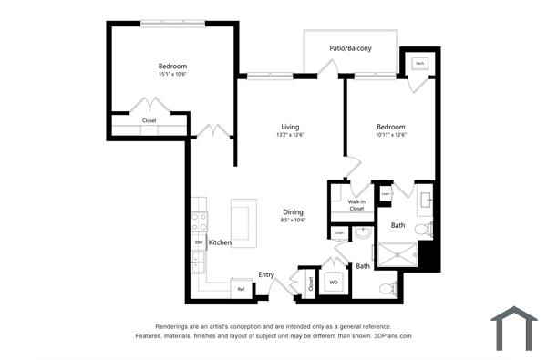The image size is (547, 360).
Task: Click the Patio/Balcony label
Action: click(350, 47)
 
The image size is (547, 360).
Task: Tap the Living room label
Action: click(290, 127)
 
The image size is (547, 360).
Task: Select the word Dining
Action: click(293, 211)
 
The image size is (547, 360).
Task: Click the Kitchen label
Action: click(220, 242)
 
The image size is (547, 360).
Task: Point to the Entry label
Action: click(266, 274)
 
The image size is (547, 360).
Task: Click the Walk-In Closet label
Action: click(356, 205)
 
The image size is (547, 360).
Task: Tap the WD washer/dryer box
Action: click(334, 283)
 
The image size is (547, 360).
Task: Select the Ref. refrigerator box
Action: click(241, 289)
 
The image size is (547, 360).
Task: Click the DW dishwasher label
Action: click(198, 242)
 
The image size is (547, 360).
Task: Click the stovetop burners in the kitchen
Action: click(199, 224)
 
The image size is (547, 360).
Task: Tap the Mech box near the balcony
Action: click(420, 64)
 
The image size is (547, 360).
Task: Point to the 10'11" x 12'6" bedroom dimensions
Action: click(390, 135)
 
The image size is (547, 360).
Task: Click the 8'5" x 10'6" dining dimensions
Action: click(292, 220)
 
